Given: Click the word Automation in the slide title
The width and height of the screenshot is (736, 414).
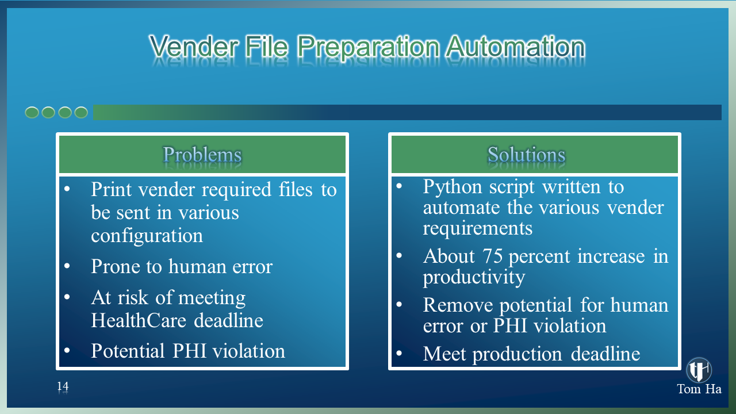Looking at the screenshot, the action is [515, 47].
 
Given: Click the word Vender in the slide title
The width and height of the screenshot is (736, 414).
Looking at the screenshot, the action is [194, 47].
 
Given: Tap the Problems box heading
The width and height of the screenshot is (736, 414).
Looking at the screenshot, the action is [202, 155].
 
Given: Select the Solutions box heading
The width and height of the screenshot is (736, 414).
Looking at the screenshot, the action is [526, 155].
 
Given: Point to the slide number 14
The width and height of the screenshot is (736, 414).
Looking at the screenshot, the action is [63, 386].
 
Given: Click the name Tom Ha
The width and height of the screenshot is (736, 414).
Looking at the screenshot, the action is [699, 389].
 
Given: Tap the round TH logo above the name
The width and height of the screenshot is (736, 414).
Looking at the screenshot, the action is [699, 370].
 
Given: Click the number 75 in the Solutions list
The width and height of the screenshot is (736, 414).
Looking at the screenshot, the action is [493, 256].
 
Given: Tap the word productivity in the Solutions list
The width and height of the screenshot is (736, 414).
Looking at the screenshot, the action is [474, 278].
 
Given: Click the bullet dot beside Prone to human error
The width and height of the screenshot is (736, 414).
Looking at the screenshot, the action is [67, 266].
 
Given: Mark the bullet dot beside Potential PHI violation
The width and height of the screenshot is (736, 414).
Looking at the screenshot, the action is [67, 350].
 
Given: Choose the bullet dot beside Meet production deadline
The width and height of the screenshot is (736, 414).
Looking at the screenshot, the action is [399, 353].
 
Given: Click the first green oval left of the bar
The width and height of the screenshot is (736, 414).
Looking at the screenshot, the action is [32, 112].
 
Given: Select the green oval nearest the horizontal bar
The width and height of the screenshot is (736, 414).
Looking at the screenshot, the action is [81, 112].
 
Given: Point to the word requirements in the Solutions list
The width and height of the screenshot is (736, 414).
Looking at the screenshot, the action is [477, 229].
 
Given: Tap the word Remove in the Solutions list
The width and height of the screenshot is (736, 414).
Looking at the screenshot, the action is [458, 305].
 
